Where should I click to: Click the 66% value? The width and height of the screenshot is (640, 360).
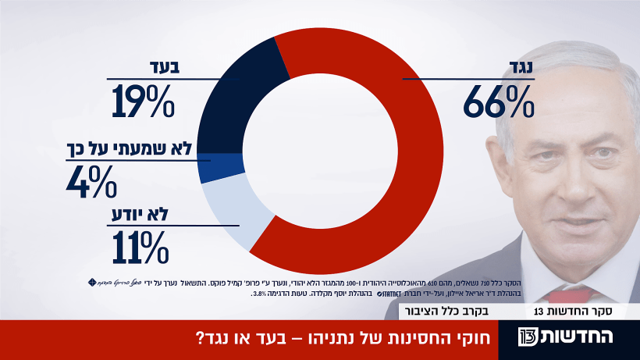pos(498,102)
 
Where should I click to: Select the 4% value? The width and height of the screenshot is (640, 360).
pos(93,181)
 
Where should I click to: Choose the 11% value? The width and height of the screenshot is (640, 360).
pos(140,248)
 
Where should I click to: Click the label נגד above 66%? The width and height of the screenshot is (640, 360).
pos(515,68)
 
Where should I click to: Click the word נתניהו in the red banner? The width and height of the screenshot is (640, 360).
pos(352,340)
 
